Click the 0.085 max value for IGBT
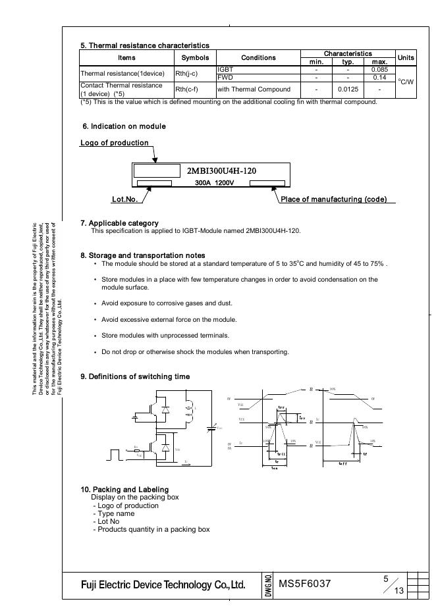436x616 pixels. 379,70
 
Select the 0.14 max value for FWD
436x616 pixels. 379,78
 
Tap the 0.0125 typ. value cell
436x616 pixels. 348,90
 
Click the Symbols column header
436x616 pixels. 194,58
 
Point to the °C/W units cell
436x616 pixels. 406,82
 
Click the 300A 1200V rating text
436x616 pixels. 214,182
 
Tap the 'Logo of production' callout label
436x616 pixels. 114,143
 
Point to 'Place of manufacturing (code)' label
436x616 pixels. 333,199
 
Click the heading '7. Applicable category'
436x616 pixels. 119,223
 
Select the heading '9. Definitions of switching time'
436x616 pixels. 135,376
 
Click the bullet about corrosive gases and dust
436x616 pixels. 167,303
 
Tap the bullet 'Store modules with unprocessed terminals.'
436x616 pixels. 165,336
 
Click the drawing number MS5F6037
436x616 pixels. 304,584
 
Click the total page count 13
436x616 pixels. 398,590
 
